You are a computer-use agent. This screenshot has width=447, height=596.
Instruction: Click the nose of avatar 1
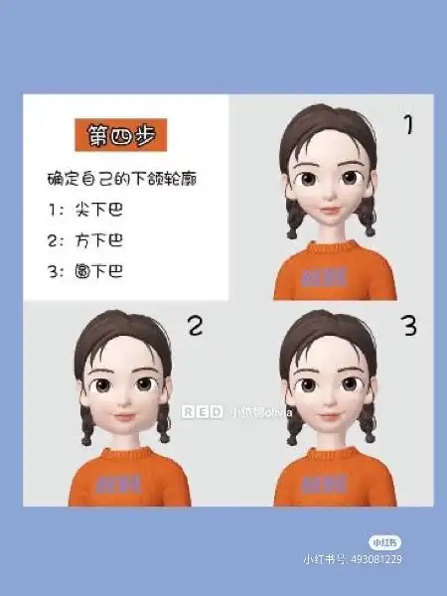(x=330, y=195)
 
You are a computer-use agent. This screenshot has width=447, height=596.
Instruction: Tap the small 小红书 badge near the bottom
(x=384, y=542)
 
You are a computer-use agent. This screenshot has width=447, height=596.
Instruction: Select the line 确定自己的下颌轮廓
(x=111, y=180)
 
